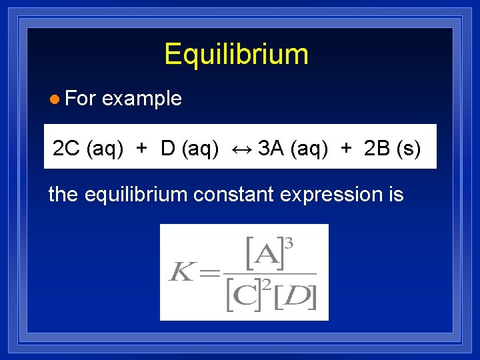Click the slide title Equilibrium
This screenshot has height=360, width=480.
(236, 54)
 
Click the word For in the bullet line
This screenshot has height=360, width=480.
(81, 99)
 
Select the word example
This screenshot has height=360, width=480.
(142, 99)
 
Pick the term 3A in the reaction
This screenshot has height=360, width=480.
(271, 148)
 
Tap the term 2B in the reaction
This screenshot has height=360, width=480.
(377, 148)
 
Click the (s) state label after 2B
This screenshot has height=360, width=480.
(409, 148)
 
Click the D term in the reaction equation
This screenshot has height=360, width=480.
(168, 148)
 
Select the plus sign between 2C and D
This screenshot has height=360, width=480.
(141, 148)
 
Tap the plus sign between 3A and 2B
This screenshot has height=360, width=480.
(345, 148)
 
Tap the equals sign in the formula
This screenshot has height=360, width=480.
(209, 273)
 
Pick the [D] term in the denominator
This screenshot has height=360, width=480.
(295, 297)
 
